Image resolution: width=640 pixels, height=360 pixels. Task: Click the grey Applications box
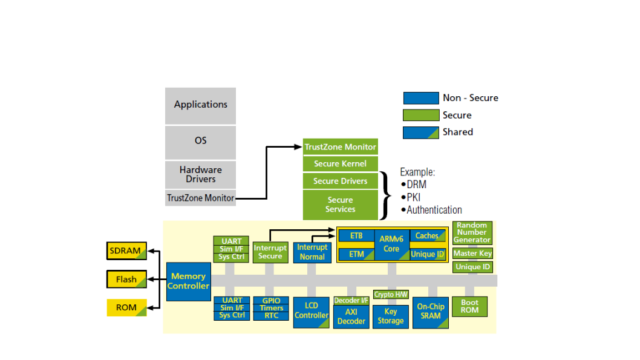[200, 105]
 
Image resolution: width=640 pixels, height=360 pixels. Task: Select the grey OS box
[200, 141]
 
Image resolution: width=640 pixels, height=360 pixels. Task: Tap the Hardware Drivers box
[200, 174]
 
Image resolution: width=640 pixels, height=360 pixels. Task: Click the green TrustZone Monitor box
[340, 147]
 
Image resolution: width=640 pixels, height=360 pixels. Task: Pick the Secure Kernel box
[340, 164]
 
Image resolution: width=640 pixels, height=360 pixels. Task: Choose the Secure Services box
[340, 205]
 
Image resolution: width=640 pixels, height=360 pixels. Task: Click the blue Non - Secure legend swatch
[421, 98]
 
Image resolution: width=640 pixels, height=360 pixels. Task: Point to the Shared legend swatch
[421, 132]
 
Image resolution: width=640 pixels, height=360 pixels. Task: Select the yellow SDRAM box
[126, 250]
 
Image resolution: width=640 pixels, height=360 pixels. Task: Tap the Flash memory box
[126, 280]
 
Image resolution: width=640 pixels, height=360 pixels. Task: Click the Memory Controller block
[188, 281]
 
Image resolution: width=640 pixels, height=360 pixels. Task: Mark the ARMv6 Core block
[391, 244]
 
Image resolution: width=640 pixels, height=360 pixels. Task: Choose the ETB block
[356, 235]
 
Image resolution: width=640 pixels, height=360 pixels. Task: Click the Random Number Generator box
[472, 233]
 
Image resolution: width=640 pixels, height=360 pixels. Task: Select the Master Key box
[472, 254]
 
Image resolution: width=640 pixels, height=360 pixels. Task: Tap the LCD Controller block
[312, 312]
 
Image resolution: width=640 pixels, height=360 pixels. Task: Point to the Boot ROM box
[469, 307]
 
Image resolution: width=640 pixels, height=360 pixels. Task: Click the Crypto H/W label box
[391, 295]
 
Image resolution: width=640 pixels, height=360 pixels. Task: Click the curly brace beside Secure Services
[386, 195]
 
